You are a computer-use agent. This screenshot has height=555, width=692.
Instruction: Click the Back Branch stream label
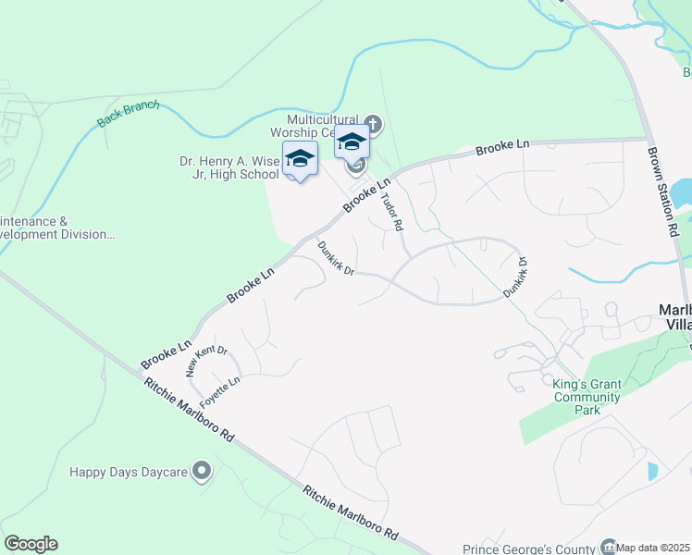[129, 114]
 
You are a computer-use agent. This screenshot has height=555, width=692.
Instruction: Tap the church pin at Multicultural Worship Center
[373, 124]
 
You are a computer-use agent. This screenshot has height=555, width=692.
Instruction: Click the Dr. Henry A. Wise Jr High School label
[229, 167]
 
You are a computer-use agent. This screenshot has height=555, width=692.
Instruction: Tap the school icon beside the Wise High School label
[300, 159]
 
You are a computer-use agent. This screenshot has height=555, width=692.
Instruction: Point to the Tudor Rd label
[392, 212]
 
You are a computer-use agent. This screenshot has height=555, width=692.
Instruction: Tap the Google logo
[31, 544]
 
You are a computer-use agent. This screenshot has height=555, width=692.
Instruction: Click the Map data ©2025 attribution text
[653, 548]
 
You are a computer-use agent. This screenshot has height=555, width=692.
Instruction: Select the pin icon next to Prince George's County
[608, 547]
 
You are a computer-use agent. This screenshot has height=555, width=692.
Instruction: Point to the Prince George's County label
[530, 548]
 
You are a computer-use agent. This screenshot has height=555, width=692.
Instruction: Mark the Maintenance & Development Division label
[56, 228]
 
